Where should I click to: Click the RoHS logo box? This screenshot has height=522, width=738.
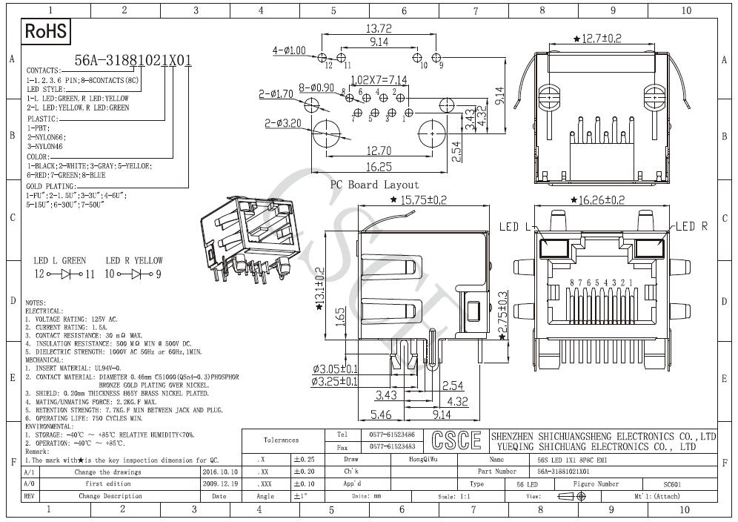click(46, 31)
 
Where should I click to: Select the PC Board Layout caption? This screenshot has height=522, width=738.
click(374, 185)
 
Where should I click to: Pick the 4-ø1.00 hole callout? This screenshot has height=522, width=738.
click(289, 50)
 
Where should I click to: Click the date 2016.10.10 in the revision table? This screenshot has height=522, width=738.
click(219, 472)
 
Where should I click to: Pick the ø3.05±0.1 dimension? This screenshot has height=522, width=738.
click(335, 369)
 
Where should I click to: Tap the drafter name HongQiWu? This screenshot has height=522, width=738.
click(423, 460)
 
